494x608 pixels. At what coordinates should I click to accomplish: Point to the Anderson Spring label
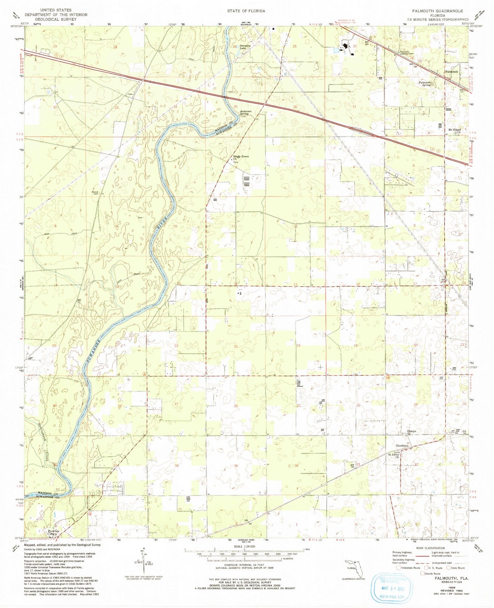[246, 113]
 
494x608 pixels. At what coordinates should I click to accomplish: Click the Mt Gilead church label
[455, 130]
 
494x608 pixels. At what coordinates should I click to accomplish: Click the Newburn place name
[402, 446]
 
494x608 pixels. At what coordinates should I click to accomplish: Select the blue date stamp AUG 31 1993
[392, 589]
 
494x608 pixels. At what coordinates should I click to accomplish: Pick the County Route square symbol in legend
[422, 573]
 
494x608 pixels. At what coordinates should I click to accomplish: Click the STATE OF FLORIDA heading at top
[246, 11]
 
